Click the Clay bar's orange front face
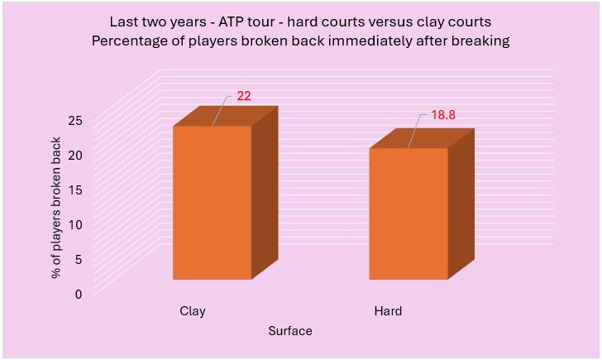[212, 203]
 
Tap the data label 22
[243, 96]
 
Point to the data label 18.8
[443, 115]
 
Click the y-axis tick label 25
[75, 120]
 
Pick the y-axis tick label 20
[75, 155]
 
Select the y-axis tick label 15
[75, 190]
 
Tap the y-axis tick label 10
[75, 224]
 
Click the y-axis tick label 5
[79, 259]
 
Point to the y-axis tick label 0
[79, 294]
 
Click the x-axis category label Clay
[193, 312]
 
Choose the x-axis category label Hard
[388, 312]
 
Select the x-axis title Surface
[290, 331]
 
